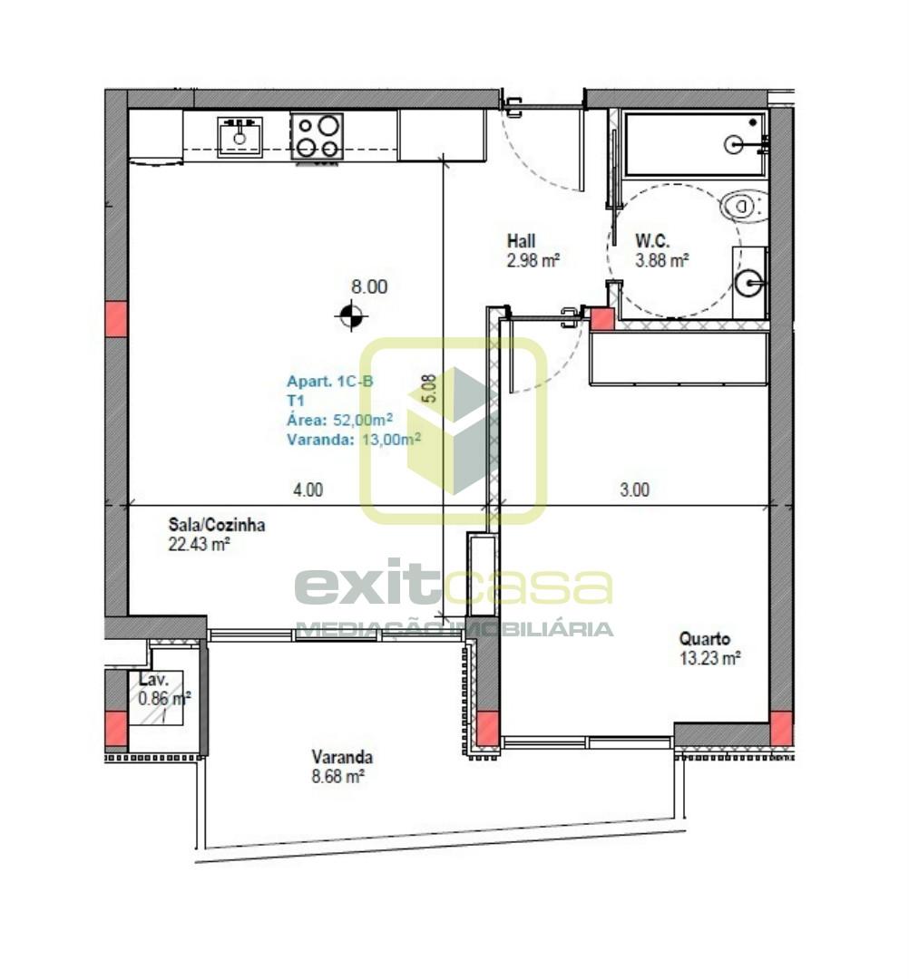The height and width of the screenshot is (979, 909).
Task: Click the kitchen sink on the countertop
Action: click(239, 137)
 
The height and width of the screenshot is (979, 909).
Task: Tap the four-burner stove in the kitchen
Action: click(318, 136)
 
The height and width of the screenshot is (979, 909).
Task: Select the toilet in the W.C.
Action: click(744, 206)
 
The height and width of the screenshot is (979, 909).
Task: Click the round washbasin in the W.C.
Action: click(749, 284)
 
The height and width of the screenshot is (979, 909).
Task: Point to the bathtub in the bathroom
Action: click(695, 144)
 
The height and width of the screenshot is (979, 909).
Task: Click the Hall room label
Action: click(521, 241)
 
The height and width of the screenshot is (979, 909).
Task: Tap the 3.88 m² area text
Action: click(661, 260)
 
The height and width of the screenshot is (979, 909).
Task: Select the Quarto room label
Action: click(705, 639)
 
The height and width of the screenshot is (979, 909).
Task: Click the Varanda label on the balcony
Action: click(342, 757)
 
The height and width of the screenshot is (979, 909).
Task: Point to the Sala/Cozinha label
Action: click(217, 525)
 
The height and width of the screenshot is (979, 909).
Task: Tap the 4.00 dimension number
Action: click(308, 490)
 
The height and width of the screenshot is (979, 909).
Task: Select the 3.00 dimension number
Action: click(635, 490)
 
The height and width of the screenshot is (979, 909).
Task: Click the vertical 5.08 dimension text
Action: click(430, 388)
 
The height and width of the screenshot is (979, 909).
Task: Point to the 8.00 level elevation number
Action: click(369, 286)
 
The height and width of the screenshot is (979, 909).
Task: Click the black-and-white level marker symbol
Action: click(351, 316)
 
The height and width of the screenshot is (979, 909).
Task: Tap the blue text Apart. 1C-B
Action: click(330, 381)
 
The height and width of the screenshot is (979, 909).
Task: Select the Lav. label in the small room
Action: click(153, 680)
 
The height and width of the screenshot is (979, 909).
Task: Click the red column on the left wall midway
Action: click(116, 318)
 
